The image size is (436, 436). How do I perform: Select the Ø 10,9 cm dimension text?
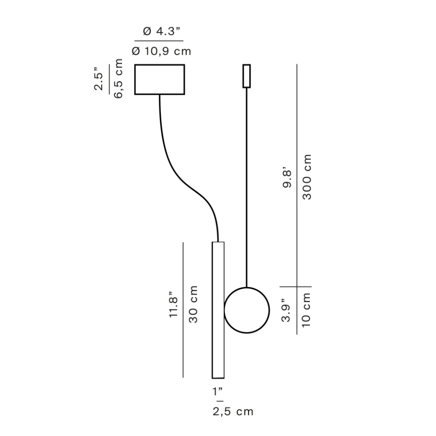click(x=162, y=51)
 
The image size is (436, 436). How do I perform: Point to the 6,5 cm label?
click(x=118, y=78)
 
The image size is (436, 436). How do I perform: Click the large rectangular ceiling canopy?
click(x=159, y=79)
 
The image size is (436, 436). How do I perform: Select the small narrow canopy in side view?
click(x=246, y=76)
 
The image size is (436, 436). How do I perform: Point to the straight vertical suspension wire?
click(x=247, y=188)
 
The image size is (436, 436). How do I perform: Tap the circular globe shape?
click(x=247, y=310)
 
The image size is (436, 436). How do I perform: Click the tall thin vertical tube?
click(x=218, y=309)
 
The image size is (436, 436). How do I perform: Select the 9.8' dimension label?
click(x=287, y=178)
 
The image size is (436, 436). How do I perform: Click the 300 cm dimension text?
click(x=307, y=177)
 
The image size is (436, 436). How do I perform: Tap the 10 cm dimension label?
click(x=307, y=310)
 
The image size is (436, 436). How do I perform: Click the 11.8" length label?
click(x=174, y=307)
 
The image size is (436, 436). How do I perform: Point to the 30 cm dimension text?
click(x=193, y=304)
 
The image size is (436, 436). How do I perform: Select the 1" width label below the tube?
click(x=217, y=391)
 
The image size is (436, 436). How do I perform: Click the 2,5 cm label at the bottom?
click(x=233, y=412)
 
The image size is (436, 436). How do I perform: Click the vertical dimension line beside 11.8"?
click(x=183, y=309)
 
